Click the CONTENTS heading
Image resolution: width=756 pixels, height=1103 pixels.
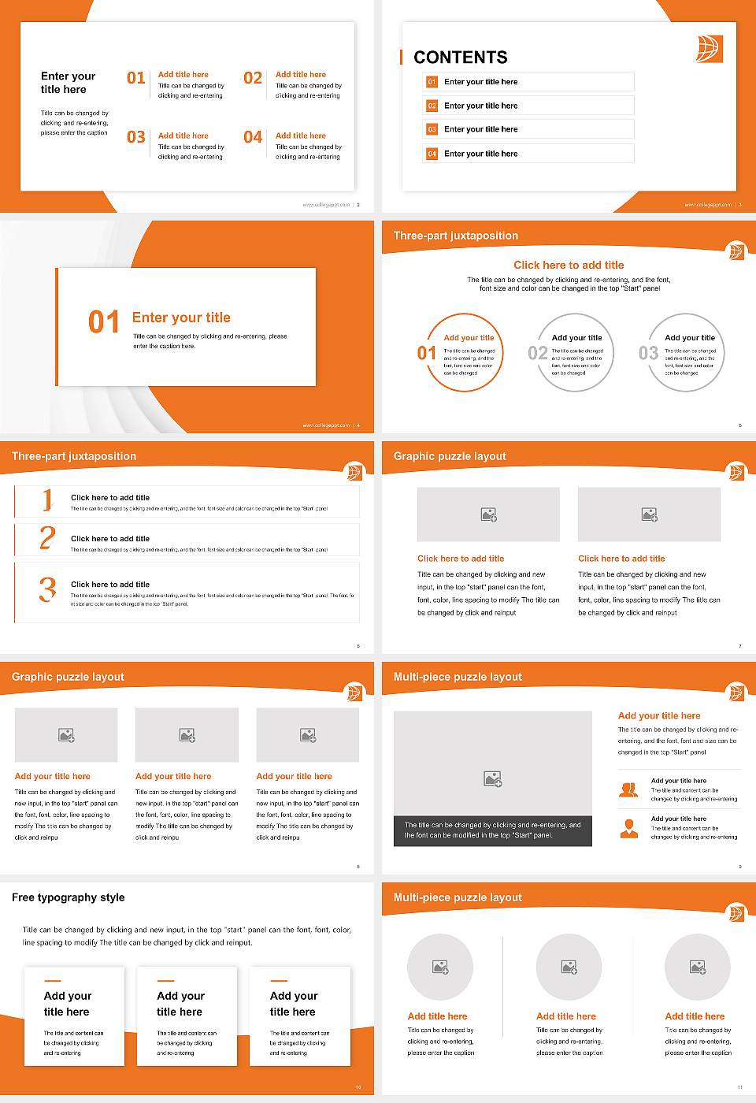[x=461, y=58]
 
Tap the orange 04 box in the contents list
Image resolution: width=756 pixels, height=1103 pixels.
[x=432, y=154]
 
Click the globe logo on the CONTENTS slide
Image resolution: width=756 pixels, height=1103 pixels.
[x=709, y=48]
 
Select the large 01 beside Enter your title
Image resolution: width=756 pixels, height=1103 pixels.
[x=104, y=321]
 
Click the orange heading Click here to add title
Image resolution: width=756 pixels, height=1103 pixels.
[x=569, y=266]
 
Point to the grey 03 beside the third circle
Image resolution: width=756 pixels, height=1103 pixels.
[x=648, y=353]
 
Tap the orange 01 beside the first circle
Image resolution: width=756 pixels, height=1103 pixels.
[x=426, y=353]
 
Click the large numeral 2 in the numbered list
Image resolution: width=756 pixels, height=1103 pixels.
[x=47, y=538]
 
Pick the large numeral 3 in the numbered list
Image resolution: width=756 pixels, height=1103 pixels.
[x=47, y=589]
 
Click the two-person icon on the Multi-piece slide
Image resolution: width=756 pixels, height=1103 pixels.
[x=628, y=789]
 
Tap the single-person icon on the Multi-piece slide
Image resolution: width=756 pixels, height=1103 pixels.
[x=628, y=828]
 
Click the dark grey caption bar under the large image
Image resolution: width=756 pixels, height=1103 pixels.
[x=492, y=830]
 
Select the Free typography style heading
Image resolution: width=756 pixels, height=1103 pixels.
[x=69, y=897]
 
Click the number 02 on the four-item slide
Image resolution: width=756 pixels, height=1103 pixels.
[x=253, y=78]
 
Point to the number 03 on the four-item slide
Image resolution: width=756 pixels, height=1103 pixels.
[x=136, y=137]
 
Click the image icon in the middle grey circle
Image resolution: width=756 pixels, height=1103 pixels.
[x=569, y=967]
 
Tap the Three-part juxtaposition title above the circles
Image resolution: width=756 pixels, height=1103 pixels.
[x=456, y=236]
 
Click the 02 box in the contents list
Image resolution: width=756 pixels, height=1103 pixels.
[x=432, y=106]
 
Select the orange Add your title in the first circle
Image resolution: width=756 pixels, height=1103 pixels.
[x=469, y=338]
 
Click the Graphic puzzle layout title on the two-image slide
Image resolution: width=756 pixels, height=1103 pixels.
[x=450, y=456]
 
